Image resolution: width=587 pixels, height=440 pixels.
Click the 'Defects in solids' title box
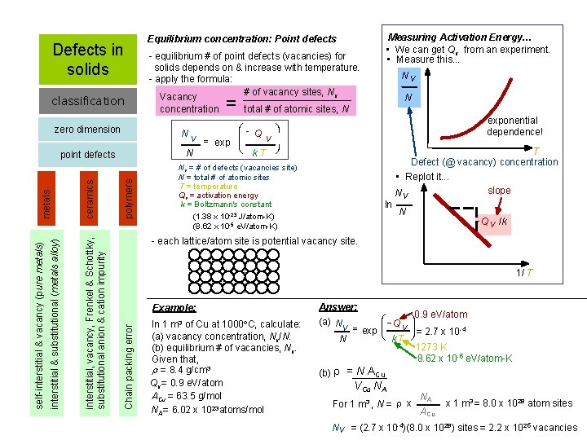87,59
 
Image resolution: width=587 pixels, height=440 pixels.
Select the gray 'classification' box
87,101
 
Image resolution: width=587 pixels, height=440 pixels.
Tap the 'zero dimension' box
87,130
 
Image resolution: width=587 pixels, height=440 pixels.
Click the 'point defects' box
88,155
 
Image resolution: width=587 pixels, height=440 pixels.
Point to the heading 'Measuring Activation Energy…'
460,37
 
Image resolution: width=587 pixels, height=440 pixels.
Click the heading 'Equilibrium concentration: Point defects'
241,38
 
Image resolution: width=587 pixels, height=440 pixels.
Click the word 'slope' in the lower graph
499,191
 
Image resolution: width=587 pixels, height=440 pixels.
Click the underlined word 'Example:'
174,308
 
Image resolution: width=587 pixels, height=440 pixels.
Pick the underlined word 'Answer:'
338,306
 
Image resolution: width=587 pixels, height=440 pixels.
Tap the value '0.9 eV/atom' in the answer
440,315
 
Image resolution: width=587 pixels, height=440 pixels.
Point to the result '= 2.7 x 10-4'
440,332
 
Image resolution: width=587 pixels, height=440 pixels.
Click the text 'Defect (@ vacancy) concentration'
484,162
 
